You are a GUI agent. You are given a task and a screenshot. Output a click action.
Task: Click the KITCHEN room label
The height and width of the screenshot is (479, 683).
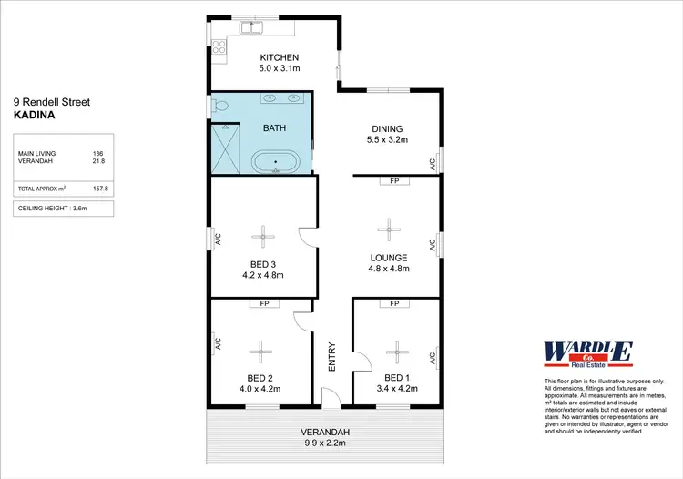pyautogui.click(x=280, y=57)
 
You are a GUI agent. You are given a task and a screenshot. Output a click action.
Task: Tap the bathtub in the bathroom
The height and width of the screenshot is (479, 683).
pyautogui.click(x=275, y=164)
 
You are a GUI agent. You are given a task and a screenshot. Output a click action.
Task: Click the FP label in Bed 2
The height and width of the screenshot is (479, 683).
pyautogui.click(x=264, y=303)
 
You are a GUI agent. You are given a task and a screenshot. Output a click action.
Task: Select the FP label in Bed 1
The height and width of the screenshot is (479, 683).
pyautogui.click(x=395, y=303)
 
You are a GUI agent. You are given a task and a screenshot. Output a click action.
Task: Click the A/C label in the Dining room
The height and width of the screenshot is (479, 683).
pyautogui.click(x=433, y=164)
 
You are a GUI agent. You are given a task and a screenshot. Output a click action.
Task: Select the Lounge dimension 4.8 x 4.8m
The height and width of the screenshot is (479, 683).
pyautogui.click(x=389, y=269)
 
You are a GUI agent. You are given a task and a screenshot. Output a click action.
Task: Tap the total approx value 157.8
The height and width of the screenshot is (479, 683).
pyautogui.click(x=100, y=189)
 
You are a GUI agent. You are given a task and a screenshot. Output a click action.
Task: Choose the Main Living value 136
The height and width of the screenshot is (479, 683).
pyautogui.click(x=98, y=153)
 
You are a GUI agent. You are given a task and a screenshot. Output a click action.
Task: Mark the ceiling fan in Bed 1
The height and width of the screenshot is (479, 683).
pyautogui.click(x=397, y=349)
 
